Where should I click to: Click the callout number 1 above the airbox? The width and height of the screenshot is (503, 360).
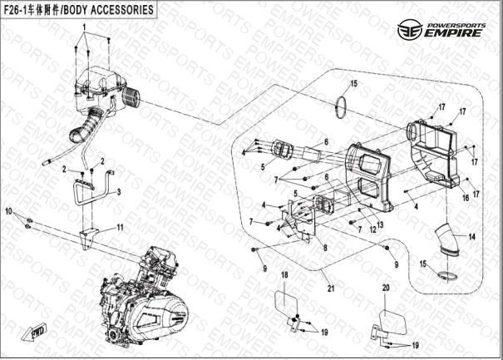click(x=84, y=27)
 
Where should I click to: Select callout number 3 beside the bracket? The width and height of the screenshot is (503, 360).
click(x=119, y=191)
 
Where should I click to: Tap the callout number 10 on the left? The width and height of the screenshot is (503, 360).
click(x=10, y=213)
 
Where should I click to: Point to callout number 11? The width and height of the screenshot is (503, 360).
click(x=120, y=227)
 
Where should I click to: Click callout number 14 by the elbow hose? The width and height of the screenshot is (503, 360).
click(x=471, y=237)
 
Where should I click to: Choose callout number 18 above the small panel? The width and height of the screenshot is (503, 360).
click(x=284, y=275)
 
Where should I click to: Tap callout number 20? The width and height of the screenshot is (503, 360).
click(x=386, y=288)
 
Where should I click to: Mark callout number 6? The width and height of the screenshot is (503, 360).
click(x=328, y=176)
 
